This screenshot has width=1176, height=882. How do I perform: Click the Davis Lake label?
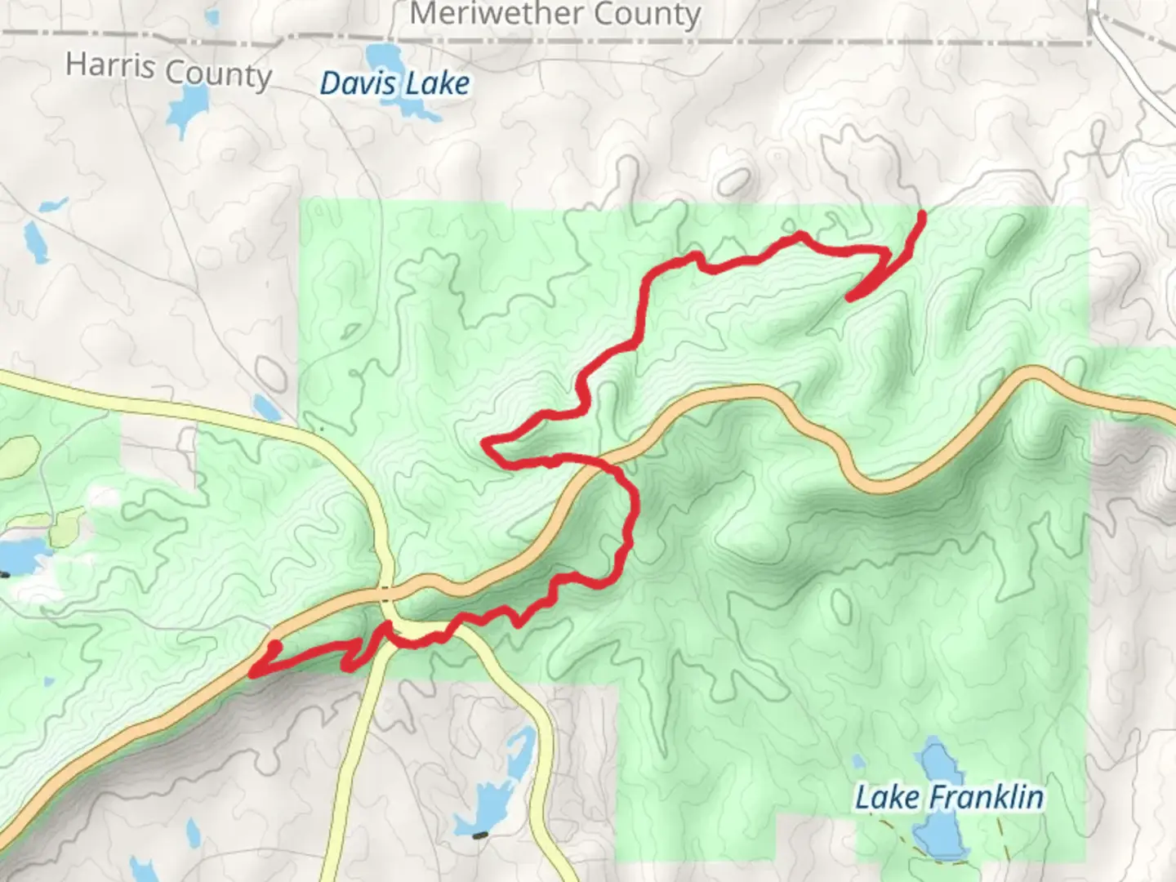coord(394,84)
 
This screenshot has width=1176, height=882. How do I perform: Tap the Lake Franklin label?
coord(949,797)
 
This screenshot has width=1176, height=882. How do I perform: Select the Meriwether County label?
coord(555,14)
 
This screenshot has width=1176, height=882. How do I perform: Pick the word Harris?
coord(109,65)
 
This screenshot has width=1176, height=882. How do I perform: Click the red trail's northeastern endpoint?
coord(922,215)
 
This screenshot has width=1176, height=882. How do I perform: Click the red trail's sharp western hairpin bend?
coord(486,443)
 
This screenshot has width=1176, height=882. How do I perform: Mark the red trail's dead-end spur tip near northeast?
coord(849,298)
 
